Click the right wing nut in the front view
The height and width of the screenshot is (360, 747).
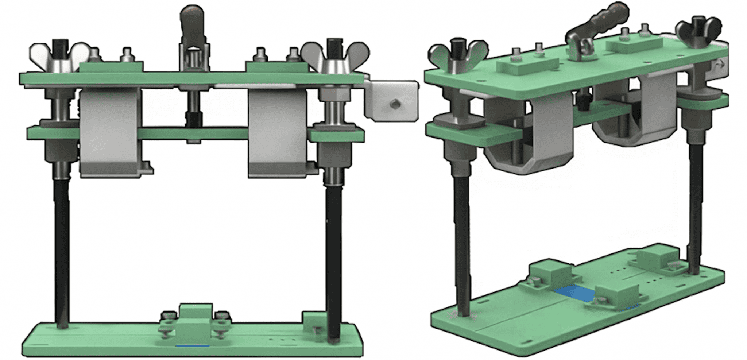335,55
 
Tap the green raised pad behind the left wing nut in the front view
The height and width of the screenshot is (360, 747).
111,67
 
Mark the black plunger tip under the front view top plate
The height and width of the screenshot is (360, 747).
193,119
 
